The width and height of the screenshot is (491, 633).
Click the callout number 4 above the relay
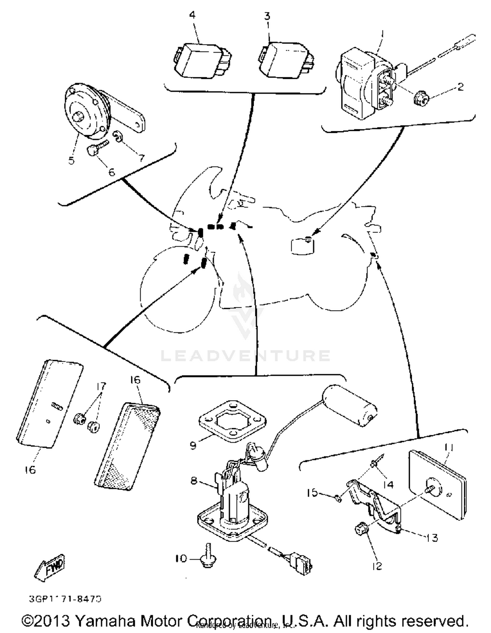(192, 15)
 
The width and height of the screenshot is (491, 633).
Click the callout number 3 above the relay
(267, 16)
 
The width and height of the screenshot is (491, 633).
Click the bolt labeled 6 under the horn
(93, 150)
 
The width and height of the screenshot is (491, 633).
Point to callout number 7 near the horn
(141, 158)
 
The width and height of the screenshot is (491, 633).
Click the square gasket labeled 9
(232, 420)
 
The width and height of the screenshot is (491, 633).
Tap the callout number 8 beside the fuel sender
(194, 480)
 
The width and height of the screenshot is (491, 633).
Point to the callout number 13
(431, 537)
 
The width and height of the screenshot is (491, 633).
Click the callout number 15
(313, 492)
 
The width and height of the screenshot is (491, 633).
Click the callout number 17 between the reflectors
(101, 386)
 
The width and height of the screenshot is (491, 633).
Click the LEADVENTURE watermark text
(245, 356)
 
